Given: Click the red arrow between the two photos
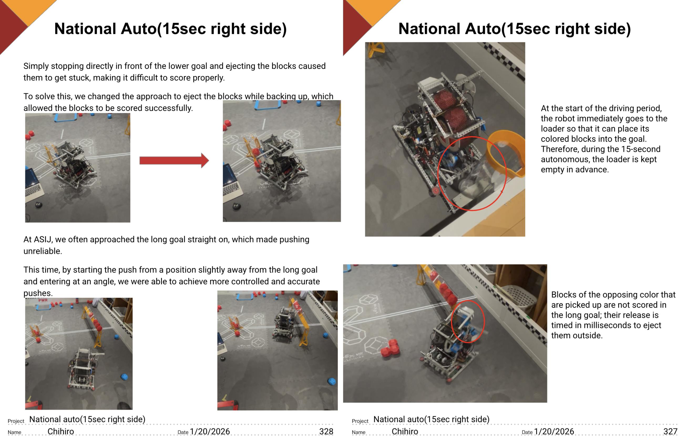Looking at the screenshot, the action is coord(174,160).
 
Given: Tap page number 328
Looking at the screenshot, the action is coord(326,431).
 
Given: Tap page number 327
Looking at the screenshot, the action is coord(670,431).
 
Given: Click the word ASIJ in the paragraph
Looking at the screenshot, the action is coord(42,239).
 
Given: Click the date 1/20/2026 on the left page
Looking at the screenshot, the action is coord(210,431).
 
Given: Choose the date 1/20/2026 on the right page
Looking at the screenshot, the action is coord(554,431).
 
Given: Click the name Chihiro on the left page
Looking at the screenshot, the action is coord(61,431).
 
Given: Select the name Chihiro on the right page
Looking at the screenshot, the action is coord(405,431).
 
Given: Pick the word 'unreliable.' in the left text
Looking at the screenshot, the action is coord(43,251).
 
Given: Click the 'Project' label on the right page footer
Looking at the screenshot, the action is coord(360,421).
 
